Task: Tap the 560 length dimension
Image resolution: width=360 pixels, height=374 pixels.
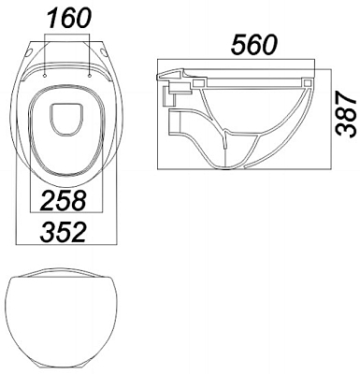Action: click(253, 45)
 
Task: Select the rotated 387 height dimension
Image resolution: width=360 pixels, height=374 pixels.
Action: click(346, 114)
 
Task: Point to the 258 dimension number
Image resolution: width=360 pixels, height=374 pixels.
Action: click(64, 200)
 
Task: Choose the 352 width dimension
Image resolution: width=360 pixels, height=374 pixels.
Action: click(63, 232)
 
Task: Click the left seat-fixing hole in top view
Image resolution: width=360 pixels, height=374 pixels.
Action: click(46, 76)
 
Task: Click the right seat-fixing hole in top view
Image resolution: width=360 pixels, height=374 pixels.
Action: click(90, 76)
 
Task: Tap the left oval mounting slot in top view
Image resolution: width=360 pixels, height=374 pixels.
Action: click(30, 53)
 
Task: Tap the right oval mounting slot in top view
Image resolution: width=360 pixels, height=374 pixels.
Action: click(105, 52)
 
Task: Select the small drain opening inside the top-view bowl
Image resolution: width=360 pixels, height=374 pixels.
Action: click(66, 120)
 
